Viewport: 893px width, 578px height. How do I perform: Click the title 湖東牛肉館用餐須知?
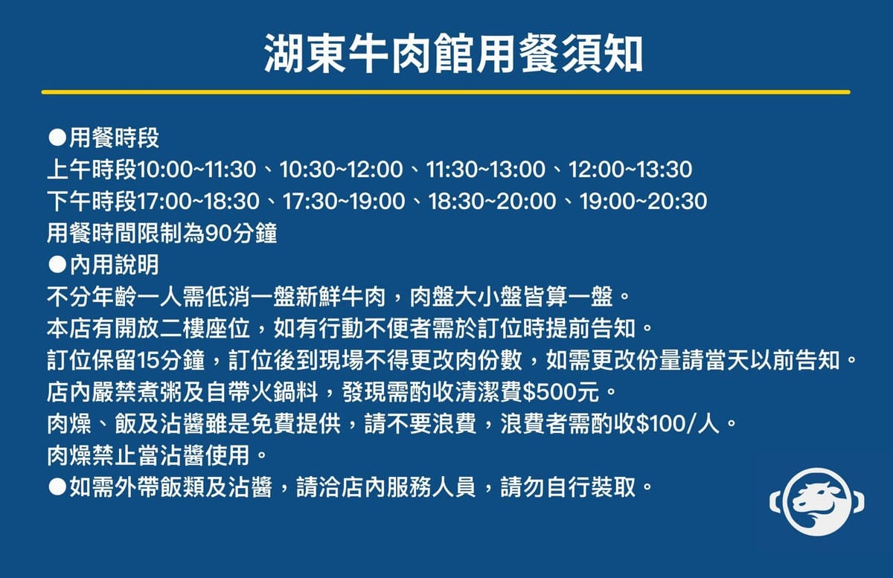coord(453,54)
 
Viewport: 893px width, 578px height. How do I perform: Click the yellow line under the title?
coord(446,92)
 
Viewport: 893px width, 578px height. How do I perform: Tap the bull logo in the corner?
coord(817,502)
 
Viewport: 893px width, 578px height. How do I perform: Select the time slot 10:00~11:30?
coord(196,170)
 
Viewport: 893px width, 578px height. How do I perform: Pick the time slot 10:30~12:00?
coord(342,170)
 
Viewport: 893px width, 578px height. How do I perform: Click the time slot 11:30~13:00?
coord(485,170)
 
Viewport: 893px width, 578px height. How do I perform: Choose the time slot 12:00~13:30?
coord(630,170)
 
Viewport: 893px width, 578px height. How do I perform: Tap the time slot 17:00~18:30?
coord(199,202)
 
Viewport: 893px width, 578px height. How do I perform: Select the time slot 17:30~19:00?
coord(344,202)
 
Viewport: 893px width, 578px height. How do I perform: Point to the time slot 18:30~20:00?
coord(493,202)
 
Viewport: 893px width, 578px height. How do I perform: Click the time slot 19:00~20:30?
coord(644,202)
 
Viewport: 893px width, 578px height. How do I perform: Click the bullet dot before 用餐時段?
coord(57,138)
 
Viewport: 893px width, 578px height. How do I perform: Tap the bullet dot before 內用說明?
coord(57,265)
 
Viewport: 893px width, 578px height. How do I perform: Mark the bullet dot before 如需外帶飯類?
coord(57,487)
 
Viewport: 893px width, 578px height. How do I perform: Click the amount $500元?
coord(560,392)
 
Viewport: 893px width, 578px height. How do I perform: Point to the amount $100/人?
coord(678,424)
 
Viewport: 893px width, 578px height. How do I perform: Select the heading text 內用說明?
coord(115,265)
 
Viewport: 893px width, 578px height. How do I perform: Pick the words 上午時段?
coord(92,170)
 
